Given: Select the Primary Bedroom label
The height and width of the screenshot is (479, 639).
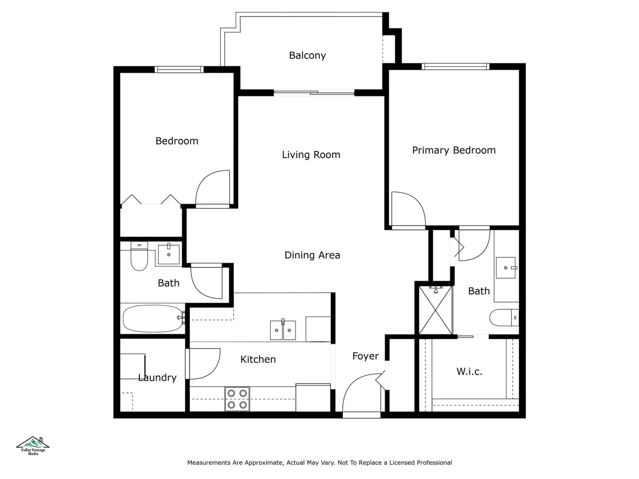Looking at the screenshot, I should click(x=453, y=150).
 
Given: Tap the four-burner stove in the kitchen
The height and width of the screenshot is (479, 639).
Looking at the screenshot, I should click(x=237, y=399).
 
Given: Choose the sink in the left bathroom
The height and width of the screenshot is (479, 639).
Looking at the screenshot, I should click(x=169, y=254).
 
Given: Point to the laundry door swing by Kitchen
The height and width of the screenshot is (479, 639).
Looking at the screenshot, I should click(x=204, y=364).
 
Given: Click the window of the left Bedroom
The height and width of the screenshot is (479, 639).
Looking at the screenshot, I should click(x=179, y=69).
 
